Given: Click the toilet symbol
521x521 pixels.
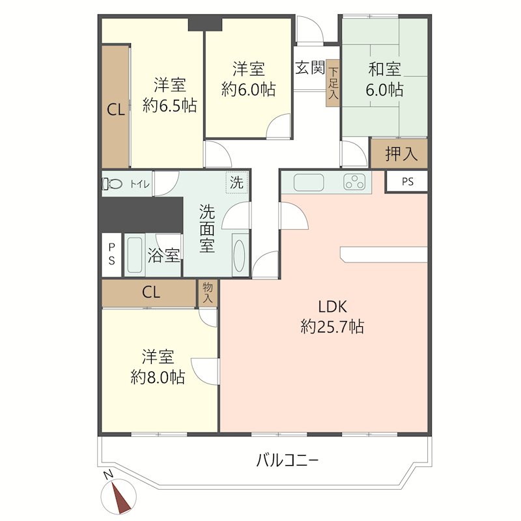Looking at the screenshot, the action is pyautogui.click(x=112, y=184).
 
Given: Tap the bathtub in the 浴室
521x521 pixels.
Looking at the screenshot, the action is pyautogui.click(x=135, y=255).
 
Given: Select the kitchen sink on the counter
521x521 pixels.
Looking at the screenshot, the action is pyautogui.click(x=309, y=182).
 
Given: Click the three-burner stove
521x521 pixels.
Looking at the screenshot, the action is pyautogui.click(x=354, y=182).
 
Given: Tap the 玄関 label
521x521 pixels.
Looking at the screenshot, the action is pyautogui.click(x=310, y=68).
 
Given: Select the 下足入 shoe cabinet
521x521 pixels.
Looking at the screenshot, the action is pyautogui.click(x=333, y=83).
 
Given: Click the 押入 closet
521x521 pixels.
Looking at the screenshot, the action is pyautogui.click(x=399, y=153).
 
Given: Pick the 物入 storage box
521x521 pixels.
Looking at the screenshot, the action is pyautogui.click(x=208, y=293).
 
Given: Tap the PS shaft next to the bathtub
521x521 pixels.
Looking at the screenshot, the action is pyautogui.click(x=111, y=255).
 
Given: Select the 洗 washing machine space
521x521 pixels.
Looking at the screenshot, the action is pyautogui.click(x=237, y=182).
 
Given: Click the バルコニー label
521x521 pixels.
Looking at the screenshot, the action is pyautogui.click(x=287, y=460).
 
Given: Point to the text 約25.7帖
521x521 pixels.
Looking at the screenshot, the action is pyautogui.click(x=332, y=327).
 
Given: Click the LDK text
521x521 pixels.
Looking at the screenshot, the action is pyautogui.click(x=333, y=307).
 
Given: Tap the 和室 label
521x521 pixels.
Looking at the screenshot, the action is pyautogui.click(x=384, y=70).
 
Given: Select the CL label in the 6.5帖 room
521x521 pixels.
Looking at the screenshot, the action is pyautogui.click(x=116, y=109).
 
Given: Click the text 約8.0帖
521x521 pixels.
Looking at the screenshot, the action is pyautogui.click(x=158, y=378).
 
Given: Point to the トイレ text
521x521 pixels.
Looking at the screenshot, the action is pyautogui.click(x=139, y=184).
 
